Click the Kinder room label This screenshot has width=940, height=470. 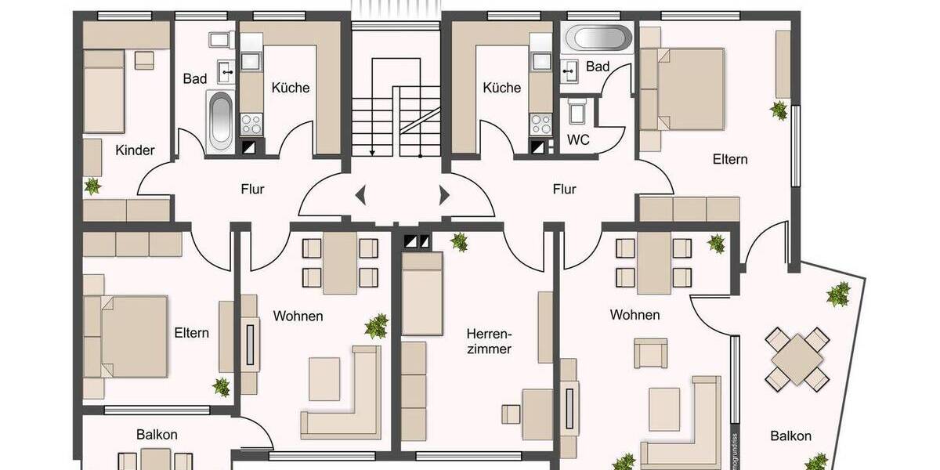pos(135,150)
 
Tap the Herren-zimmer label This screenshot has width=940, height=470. pos(488,341)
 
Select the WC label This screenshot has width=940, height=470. pos(577,140)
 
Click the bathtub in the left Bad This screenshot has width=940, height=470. pos(220,121)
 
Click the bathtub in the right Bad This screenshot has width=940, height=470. pos(598,37)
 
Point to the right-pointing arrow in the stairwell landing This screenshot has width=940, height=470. pos(445,194)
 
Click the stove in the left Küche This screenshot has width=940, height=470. pos(251,123)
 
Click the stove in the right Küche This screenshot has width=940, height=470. pos(540,123)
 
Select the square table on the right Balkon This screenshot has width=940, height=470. pos(797,356)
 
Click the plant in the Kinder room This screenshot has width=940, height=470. pos(92,186)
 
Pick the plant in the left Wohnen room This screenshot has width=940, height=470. pos(377,325)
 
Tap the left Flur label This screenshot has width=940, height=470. pos(252,189)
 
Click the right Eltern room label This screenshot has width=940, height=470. pos(730,159)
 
